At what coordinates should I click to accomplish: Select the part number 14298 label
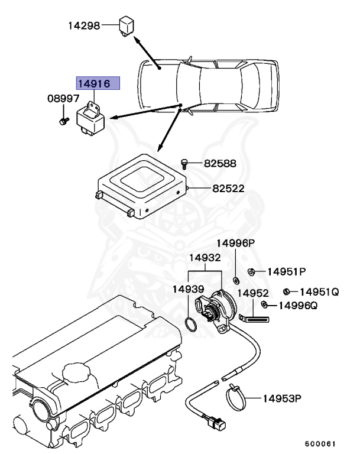pyautogui.click(x=83, y=25)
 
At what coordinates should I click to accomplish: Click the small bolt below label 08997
pyautogui.click(x=61, y=121)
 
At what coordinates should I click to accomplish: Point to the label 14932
pyautogui.click(x=205, y=258)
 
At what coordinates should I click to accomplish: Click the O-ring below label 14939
pyautogui.click(x=190, y=325)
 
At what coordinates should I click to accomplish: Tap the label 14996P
pyautogui.click(x=235, y=243)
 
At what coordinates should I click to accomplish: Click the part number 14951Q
pyautogui.click(x=319, y=291)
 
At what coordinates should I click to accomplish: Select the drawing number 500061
pyautogui.click(x=320, y=443)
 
